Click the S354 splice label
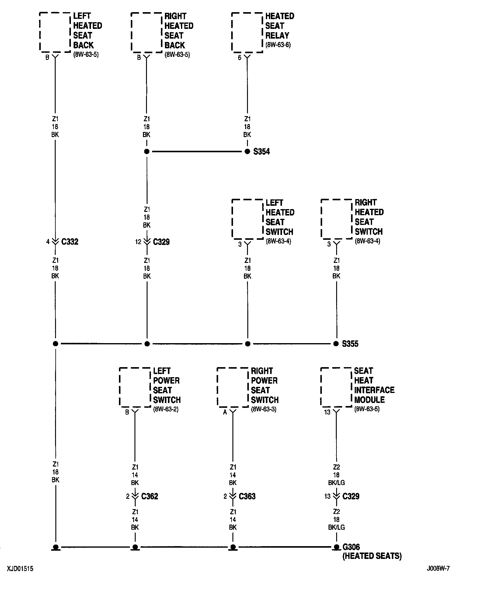[261, 151]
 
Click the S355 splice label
[350, 344]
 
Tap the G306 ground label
[351, 547]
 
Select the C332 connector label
[70, 242]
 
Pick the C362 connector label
[149, 496]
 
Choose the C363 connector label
[247, 496]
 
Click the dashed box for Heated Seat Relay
[247, 33]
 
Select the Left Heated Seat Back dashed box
[55, 32]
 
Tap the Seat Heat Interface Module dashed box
[336, 387]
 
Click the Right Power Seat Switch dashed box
[232, 387]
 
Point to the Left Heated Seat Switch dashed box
[247, 219]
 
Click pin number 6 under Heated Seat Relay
[239, 57]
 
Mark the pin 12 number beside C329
[138, 242]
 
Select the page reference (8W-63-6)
[278, 45]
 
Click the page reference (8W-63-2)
[166, 409]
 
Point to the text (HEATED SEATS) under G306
[372, 556]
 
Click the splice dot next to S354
[247, 151]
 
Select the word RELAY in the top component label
[277, 36]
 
